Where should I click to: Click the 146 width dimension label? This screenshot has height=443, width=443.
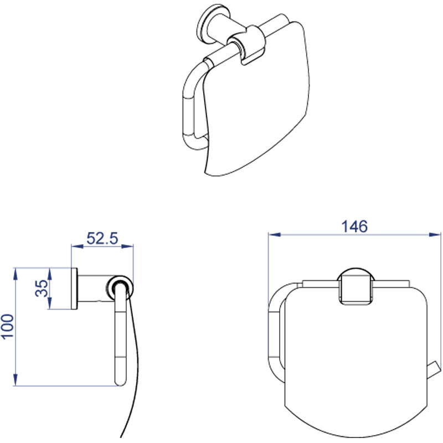354,226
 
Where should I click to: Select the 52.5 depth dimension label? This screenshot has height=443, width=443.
102,238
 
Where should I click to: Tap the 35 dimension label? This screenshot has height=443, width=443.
42,288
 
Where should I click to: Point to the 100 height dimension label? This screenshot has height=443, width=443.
8,326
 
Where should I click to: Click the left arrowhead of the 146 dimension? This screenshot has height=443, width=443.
274,234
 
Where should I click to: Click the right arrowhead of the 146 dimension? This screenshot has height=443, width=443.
435,234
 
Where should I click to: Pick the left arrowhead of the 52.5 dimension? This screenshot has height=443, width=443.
78,246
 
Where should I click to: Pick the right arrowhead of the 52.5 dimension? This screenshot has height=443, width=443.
127,246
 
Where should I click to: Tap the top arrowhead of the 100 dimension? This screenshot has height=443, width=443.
16,274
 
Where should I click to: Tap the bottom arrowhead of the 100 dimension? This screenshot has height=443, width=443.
16,379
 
